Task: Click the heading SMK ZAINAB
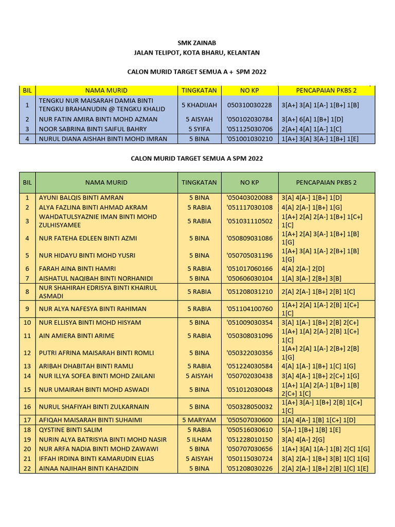197,43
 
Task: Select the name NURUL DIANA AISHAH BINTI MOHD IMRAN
103,139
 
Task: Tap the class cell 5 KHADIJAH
199,105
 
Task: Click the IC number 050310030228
249,105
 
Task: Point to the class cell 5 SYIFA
199,129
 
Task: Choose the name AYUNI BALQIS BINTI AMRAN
81,198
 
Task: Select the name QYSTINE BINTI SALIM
70,430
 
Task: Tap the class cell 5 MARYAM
199,420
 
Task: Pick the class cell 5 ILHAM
199,440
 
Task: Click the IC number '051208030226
249,468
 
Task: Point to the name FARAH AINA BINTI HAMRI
77,269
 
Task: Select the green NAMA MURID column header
106,183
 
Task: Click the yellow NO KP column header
249,91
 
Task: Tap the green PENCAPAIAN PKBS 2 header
327,183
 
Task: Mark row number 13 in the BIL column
27,366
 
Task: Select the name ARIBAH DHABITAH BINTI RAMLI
86,366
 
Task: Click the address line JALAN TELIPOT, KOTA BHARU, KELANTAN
197,52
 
